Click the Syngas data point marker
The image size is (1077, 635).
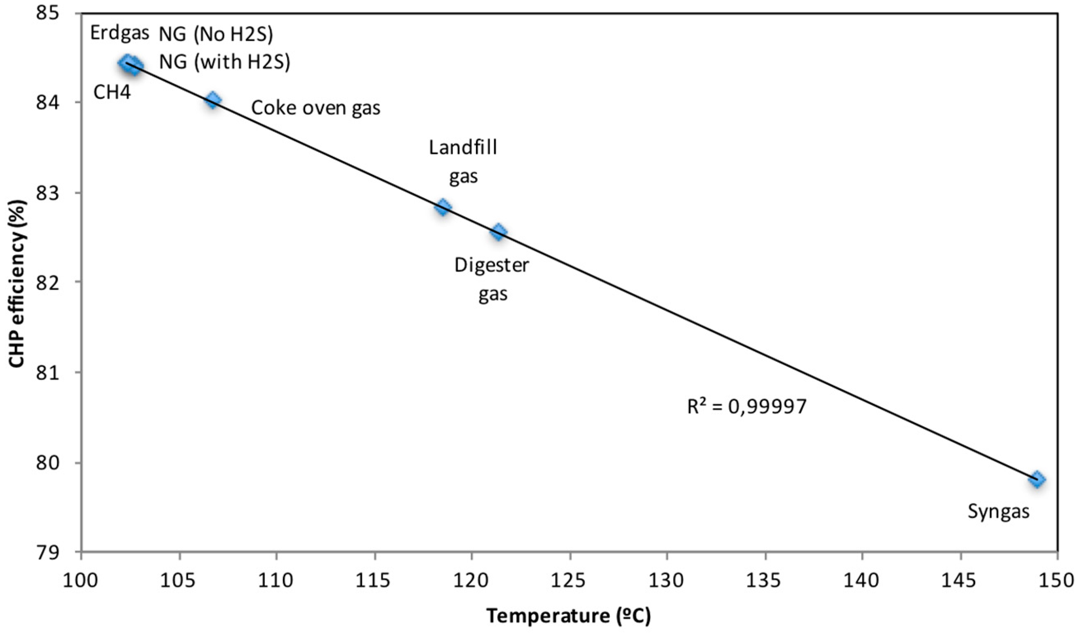click(1037, 479)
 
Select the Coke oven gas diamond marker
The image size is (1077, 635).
click(212, 100)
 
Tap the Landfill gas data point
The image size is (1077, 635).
click(443, 207)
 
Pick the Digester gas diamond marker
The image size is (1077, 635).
click(498, 232)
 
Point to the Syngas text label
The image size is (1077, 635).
click(998, 512)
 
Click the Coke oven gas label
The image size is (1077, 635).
click(316, 108)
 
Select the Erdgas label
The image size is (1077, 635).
click(119, 33)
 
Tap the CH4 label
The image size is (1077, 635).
click(112, 92)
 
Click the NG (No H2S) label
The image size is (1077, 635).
click(216, 35)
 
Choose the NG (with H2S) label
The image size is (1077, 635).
click(224, 62)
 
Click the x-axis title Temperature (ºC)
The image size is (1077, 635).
click(568, 616)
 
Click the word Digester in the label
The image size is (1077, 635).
click(491, 265)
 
